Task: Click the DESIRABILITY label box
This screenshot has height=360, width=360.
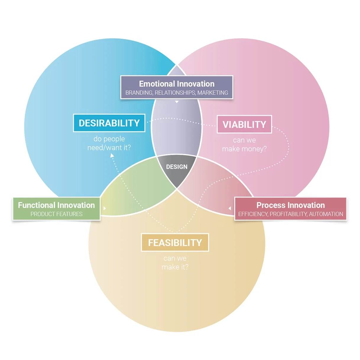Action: pyautogui.click(x=109, y=123)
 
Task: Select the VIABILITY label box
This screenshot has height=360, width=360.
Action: pyautogui.click(x=244, y=124)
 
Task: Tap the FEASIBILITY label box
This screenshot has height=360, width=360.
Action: pyautogui.click(x=175, y=243)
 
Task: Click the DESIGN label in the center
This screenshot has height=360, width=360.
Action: pyautogui.click(x=177, y=167)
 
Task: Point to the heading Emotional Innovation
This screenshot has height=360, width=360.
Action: pyautogui.click(x=177, y=84)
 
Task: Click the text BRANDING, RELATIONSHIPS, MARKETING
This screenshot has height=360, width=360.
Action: pyautogui.click(x=177, y=93)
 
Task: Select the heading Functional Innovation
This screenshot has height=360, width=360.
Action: pyautogui.click(x=56, y=205)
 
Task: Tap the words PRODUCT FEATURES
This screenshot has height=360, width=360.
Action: pyautogui.click(x=56, y=214)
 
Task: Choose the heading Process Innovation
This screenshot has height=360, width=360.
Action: pyautogui.click(x=291, y=205)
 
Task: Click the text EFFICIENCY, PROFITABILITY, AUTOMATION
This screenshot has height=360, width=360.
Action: pyautogui.click(x=291, y=214)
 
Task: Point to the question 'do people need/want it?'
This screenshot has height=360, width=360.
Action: pyautogui.click(x=109, y=143)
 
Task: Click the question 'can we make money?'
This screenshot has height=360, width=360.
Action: pyautogui.click(x=244, y=145)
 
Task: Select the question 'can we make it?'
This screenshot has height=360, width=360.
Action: pyautogui.click(x=175, y=263)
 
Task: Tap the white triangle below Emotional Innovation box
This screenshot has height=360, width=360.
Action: pyautogui.click(x=177, y=102)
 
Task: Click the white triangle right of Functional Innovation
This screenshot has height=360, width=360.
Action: pyautogui.click(x=105, y=208)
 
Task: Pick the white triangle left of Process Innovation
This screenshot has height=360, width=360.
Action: pyautogui.click(x=230, y=208)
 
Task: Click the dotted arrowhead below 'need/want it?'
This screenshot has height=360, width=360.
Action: pyautogui.click(x=112, y=155)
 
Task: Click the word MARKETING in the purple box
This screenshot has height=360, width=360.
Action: pyautogui.click(x=213, y=93)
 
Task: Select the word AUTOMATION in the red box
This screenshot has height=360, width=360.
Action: pyautogui.click(x=326, y=214)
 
